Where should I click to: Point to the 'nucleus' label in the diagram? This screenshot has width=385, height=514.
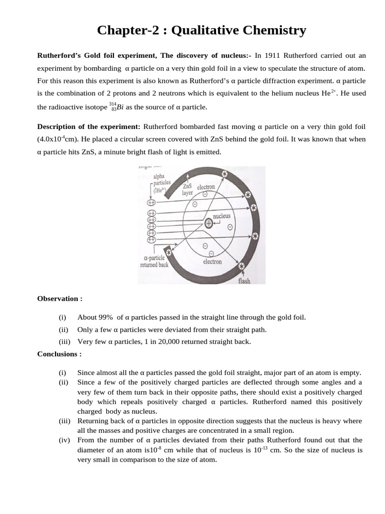coord(222,216)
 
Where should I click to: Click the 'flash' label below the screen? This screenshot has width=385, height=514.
coord(244,281)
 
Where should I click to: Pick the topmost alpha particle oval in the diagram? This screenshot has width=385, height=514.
coord(151,203)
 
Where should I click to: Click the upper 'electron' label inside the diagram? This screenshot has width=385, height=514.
coord(206,187)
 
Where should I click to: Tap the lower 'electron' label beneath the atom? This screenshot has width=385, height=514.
coord(212,262)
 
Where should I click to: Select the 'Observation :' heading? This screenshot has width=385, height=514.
coord(60,299)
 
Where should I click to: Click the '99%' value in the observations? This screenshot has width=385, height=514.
coord(106,317)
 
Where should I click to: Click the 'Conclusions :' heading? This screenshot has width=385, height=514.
coord(59,354)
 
